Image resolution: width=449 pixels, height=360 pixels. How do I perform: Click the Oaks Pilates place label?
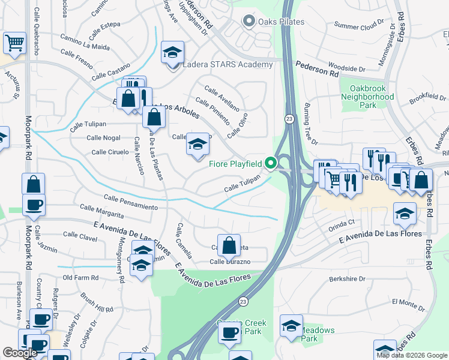coord(282,22)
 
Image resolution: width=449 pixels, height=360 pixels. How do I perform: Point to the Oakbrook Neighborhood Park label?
coord(367,96)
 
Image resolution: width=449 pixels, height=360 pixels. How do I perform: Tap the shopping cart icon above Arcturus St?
coord(14,43)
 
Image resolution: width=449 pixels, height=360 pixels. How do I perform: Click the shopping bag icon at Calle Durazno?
coord(229,245)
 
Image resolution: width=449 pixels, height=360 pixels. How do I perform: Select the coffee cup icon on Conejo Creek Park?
coord(229,333)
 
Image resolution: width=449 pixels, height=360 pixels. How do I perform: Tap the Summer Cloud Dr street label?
coord(358,25)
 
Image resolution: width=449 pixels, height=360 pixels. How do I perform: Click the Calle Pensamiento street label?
coord(130,202)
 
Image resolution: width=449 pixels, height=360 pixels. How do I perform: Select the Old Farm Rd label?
coord(80,278)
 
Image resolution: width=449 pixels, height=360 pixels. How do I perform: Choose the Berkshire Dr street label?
coord(347,279)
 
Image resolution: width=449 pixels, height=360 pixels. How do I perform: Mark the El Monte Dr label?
coord(408,302)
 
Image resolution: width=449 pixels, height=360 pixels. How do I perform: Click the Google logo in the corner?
coord(20,353)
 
